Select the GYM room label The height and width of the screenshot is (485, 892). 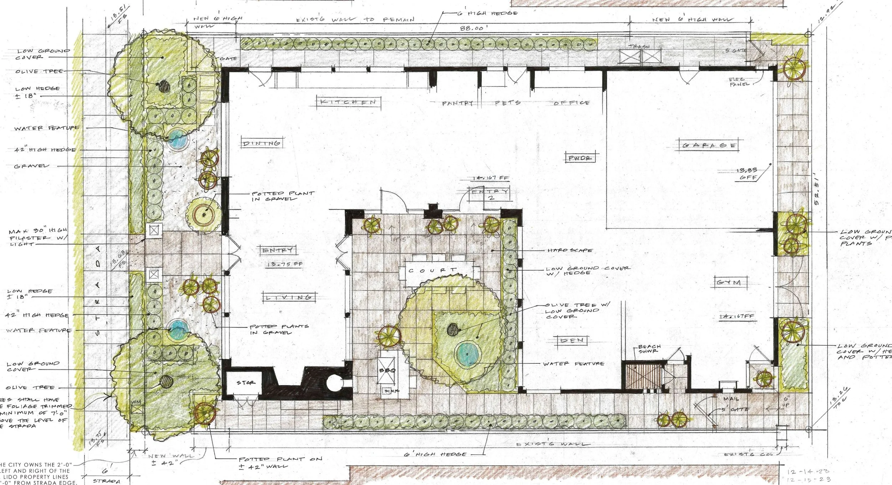pyautogui.click(x=728, y=283)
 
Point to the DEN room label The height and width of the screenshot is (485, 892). pyautogui.click(x=572, y=340)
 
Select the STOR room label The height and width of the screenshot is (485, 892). pyautogui.click(x=246, y=383)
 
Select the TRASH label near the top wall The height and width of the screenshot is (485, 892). pyautogui.click(x=639, y=47)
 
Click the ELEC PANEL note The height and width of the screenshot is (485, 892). pyautogui.click(x=737, y=82)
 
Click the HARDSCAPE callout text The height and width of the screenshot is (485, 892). pyautogui.click(x=570, y=250)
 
